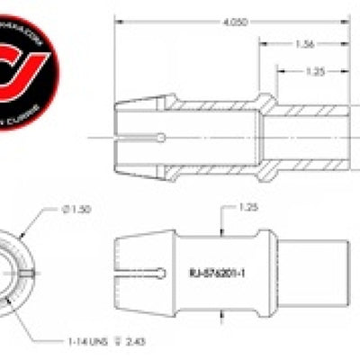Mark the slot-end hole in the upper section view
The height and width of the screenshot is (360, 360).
tap(161, 138)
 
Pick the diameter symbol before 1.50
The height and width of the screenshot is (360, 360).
tap(62, 210)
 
